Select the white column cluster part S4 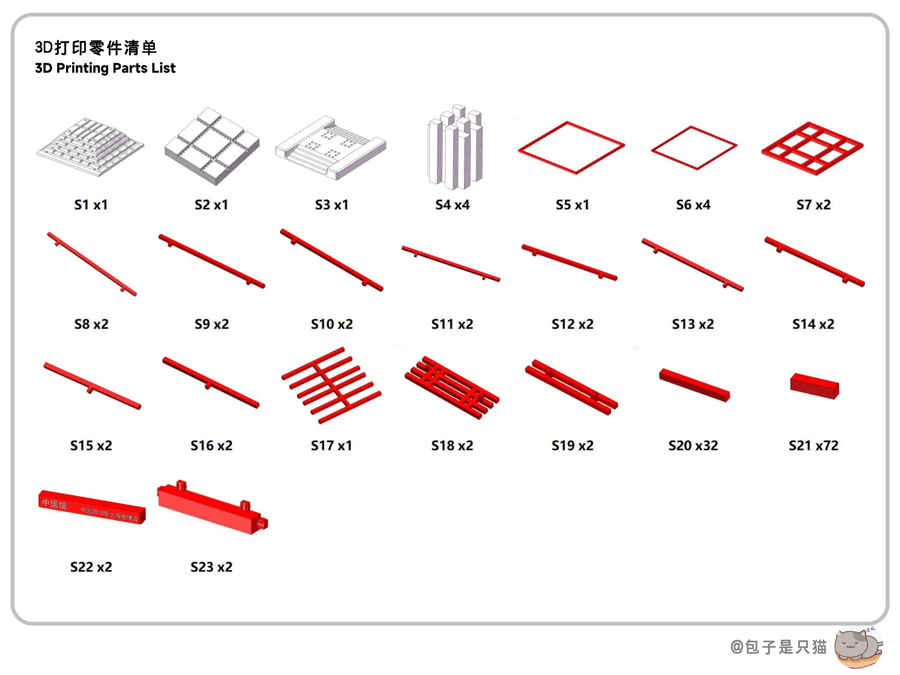[455, 149]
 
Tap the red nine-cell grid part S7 [812, 149]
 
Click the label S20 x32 [693, 446]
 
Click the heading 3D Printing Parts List [105, 68]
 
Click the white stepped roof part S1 [90, 147]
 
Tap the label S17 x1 [331, 446]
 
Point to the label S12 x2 [573, 324]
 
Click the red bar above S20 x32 [694, 385]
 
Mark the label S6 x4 [693, 205]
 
